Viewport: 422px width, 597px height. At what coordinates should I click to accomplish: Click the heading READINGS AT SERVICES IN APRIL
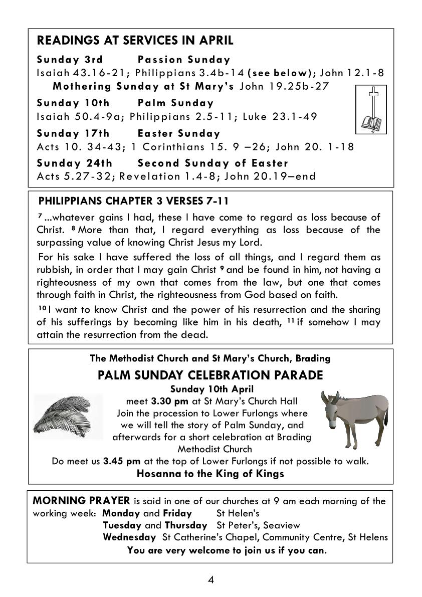click(x=135, y=41)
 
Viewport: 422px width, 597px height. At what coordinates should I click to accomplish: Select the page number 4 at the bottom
click(x=211, y=580)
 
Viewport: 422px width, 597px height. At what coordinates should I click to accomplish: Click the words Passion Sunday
click(x=184, y=60)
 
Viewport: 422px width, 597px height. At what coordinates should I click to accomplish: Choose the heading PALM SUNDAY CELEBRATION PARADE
click(x=210, y=375)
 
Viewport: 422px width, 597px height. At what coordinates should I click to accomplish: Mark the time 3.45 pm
click(x=122, y=461)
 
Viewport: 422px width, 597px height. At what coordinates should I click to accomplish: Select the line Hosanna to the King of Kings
click(x=210, y=474)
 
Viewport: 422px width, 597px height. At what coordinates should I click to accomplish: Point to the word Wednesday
click(x=129, y=537)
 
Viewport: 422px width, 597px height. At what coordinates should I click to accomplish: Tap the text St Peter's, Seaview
click(x=258, y=525)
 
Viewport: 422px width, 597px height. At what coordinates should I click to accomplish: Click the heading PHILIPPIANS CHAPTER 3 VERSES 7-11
click(x=133, y=202)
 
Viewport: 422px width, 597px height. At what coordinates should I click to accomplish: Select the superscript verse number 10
click(x=42, y=307)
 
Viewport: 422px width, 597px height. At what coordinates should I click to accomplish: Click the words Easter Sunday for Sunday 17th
click(x=179, y=134)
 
